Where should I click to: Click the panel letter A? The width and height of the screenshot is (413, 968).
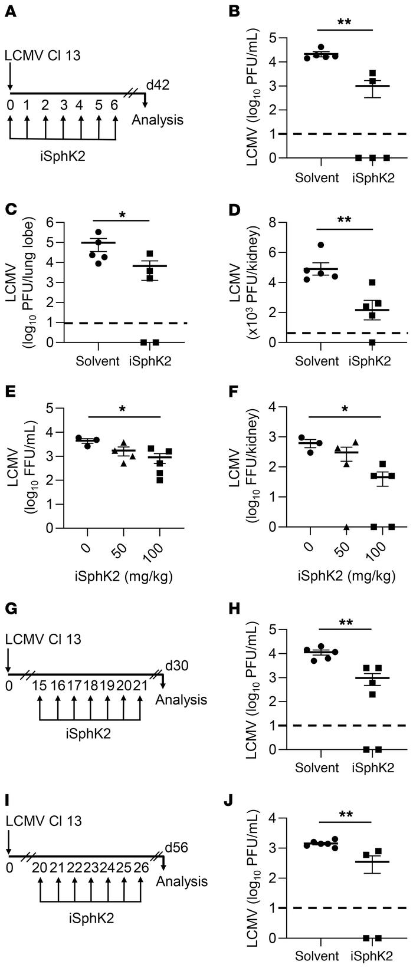pyautogui.click(x=11, y=11)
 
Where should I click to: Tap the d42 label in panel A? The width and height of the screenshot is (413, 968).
pyautogui.click(x=158, y=85)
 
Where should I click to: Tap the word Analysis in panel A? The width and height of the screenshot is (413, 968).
pyautogui.click(x=157, y=120)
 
